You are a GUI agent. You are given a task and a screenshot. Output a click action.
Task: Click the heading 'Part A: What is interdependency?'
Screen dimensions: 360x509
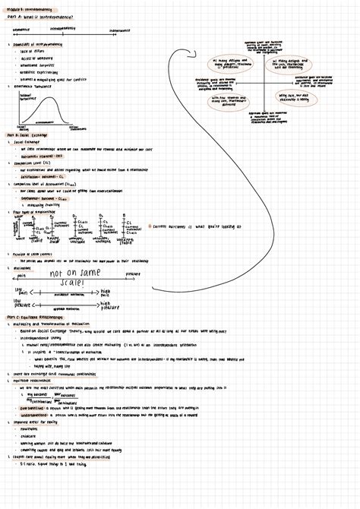tap(41, 16)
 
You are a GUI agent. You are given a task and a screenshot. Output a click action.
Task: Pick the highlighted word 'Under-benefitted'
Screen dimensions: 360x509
tap(33, 416)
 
